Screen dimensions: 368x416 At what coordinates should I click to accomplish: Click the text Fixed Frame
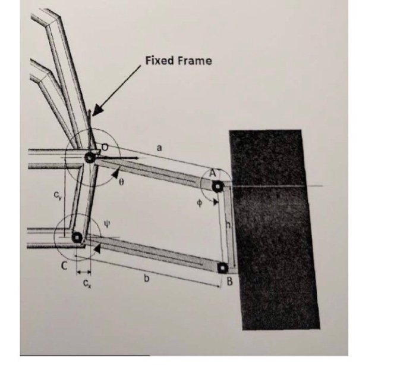pyautogui.click(x=178, y=61)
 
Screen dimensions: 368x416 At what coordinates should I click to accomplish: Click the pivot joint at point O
pyautogui.click(x=90, y=157)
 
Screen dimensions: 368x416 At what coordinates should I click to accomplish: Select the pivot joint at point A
pyautogui.click(x=218, y=186)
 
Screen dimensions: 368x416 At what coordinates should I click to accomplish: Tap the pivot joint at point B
pyautogui.click(x=223, y=267)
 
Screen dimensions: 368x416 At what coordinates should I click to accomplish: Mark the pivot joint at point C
pyautogui.click(x=77, y=238)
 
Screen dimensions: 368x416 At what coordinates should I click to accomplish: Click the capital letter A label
pyautogui.click(x=211, y=173)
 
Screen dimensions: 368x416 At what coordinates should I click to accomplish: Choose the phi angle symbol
pyautogui.click(x=200, y=202)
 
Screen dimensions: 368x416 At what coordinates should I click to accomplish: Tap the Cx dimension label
pyautogui.click(x=87, y=283)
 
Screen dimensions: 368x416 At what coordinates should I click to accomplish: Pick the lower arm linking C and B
pyautogui.click(x=152, y=254)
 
